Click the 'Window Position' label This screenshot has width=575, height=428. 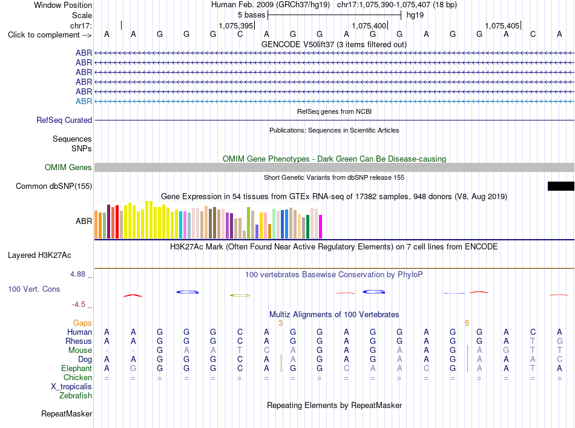pyautogui.click(x=63, y=5)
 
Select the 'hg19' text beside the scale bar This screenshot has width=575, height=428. pyautogui.click(x=415, y=15)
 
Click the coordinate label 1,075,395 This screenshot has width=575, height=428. pyautogui.click(x=236, y=25)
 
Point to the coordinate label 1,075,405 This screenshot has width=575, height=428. pyautogui.click(x=502, y=25)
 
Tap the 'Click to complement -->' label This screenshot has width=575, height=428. pyautogui.click(x=50, y=35)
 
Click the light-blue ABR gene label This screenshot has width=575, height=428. pyautogui.click(x=84, y=101)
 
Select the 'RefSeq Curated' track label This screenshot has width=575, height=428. pyautogui.click(x=64, y=120)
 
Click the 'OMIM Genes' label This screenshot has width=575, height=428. pyautogui.click(x=68, y=167)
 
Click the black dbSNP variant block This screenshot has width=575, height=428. pyautogui.click(x=560, y=186)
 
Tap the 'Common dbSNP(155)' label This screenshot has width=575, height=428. pyautogui.click(x=53, y=186)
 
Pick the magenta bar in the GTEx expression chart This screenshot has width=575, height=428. pyautogui.click(x=321, y=226)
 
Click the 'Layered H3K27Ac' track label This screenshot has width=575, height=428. pyautogui.click(x=39, y=255)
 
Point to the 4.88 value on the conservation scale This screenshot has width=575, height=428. pyautogui.click(x=77, y=274)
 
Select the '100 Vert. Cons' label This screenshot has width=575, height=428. pyautogui.click(x=34, y=289)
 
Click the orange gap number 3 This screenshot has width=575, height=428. pyautogui.click(x=280, y=323)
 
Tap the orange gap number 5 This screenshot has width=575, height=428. pyautogui.click(x=467, y=323)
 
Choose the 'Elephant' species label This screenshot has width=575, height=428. pyautogui.click(x=76, y=369)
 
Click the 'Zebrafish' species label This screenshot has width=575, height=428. pyautogui.click(x=76, y=396)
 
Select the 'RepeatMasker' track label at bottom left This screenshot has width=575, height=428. pyautogui.click(x=67, y=413)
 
